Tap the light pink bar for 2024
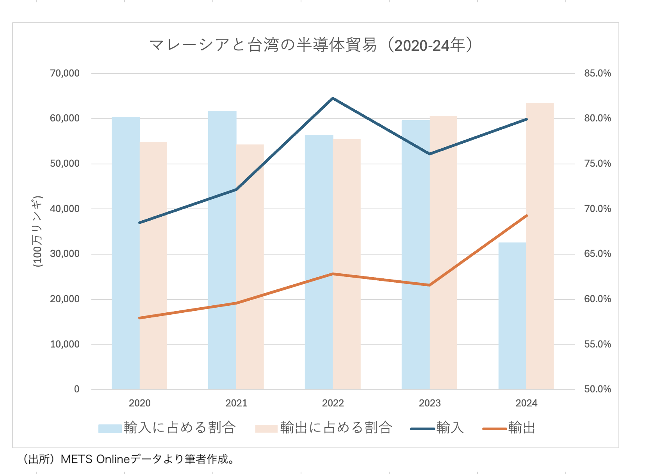pyautogui.click(x=540, y=246)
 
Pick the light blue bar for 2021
pyautogui.click(x=222, y=250)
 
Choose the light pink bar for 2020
pyautogui.click(x=153, y=266)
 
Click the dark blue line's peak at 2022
pyautogui.click(x=333, y=98)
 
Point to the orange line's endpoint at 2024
pyautogui.click(x=526, y=216)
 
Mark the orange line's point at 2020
pyautogui.click(x=139, y=318)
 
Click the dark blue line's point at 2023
pyautogui.click(x=429, y=154)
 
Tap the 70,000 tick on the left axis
pyautogui.click(x=64, y=73)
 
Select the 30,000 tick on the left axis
pyautogui.click(x=64, y=254)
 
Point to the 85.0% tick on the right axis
pyautogui.click(x=597, y=73)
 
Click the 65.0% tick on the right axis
pyautogui.click(x=597, y=254)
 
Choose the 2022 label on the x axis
pyautogui.click(x=333, y=403)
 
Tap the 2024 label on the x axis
pyautogui.click(x=526, y=403)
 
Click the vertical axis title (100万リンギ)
pyautogui.click(x=38, y=231)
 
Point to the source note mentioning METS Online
pyautogui.click(x=129, y=459)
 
